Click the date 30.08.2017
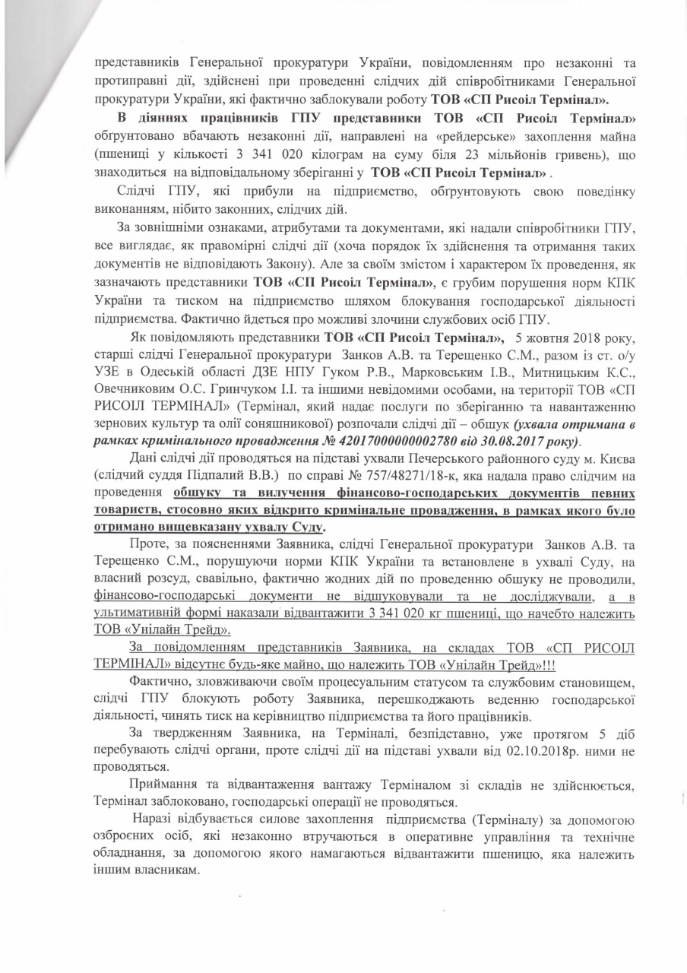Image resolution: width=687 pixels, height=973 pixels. (x=514, y=442)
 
